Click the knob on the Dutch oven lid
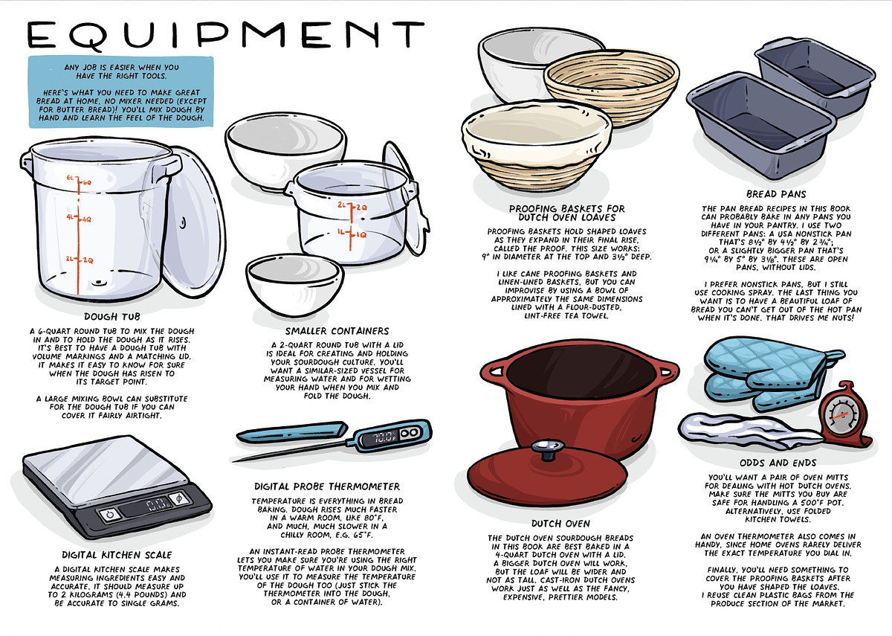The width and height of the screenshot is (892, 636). [x=549, y=449]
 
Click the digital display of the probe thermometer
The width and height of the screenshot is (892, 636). [x=381, y=438]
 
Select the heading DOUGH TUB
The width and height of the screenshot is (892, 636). [x=112, y=317]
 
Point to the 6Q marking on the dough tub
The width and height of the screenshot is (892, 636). [x=87, y=182]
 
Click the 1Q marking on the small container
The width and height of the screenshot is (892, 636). [x=361, y=235]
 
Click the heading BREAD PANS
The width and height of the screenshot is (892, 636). [x=776, y=194]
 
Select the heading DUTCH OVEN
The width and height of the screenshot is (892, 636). [x=560, y=524]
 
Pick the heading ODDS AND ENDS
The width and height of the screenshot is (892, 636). [x=778, y=463]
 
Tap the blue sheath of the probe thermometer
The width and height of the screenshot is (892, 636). [x=292, y=432]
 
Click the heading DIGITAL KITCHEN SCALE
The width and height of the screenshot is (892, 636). [x=117, y=555]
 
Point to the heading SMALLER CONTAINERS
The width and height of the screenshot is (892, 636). [x=337, y=331]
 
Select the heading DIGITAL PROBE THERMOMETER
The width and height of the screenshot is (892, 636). [x=327, y=486]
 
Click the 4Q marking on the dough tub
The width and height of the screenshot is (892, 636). [x=87, y=219]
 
